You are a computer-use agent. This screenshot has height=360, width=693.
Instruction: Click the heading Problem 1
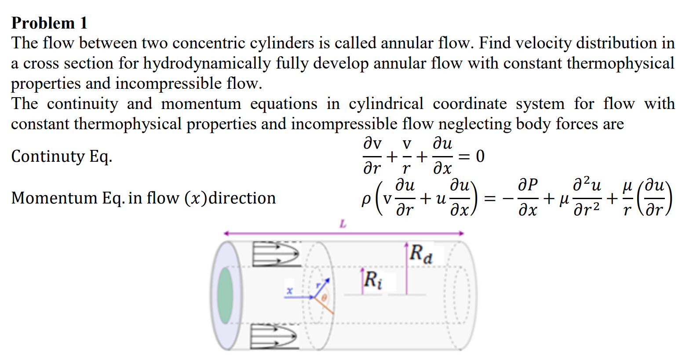(x=49, y=23)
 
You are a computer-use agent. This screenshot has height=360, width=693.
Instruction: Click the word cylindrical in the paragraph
(x=386, y=104)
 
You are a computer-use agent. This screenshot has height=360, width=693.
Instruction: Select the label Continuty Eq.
(x=62, y=156)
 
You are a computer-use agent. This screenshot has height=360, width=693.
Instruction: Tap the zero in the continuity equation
(x=480, y=156)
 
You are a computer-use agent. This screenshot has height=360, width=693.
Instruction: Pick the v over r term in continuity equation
(x=407, y=156)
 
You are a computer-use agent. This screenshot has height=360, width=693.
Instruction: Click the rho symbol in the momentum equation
(x=366, y=199)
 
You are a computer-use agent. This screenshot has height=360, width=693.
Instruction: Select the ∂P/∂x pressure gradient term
(x=528, y=198)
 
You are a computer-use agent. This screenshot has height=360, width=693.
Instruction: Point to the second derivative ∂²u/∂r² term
(x=587, y=198)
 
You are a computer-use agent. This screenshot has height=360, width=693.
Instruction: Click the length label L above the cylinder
(x=343, y=224)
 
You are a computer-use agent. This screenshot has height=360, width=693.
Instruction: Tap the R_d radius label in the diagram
(x=421, y=254)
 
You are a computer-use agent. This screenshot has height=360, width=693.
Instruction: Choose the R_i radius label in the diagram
(x=373, y=280)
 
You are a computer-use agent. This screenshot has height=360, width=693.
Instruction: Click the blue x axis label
(x=289, y=291)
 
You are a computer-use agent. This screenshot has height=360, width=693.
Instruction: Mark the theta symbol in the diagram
(x=325, y=298)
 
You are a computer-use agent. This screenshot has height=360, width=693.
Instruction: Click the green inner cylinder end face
(x=225, y=295)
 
